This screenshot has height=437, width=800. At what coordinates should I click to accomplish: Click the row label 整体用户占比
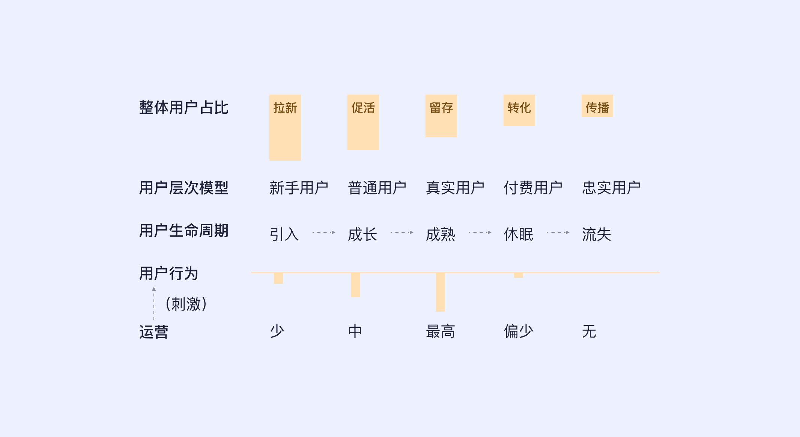[x=183, y=108]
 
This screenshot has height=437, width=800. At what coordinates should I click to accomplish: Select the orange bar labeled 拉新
[x=285, y=128]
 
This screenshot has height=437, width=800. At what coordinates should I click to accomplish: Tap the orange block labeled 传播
[x=597, y=106]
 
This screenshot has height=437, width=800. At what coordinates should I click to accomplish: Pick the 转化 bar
[x=519, y=110]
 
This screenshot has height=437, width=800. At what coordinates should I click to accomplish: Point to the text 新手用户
[x=299, y=188]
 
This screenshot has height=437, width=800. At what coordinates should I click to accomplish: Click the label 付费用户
[x=533, y=188]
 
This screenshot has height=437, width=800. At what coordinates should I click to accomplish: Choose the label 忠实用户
[x=611, y=188]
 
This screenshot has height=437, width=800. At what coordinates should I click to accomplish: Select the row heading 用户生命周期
[x=183, y=231]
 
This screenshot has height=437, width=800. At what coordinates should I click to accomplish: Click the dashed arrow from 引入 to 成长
[x=323, y=232]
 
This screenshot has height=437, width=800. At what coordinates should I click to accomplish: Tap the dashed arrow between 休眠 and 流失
[x=558, y=232]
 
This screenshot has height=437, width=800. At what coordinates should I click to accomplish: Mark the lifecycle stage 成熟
[x=441, y=234]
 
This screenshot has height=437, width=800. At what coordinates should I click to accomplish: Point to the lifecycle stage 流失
[x=597, y=234]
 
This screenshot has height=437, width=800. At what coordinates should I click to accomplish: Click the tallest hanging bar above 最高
[x=441, y=292]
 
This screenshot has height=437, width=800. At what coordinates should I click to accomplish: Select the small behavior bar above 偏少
[x=519, y=276]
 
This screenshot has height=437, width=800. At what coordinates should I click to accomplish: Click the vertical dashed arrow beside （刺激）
[x=154, y=303]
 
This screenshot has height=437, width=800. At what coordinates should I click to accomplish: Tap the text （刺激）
[x=186, y=304]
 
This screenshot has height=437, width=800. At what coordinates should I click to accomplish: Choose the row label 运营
[x=153, y=332]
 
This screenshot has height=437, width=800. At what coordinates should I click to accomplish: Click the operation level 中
[x=355, y=331]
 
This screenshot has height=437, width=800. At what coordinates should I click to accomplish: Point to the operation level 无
[x=589, y=331]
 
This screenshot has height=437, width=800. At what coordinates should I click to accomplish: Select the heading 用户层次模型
[x=183, y=188]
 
